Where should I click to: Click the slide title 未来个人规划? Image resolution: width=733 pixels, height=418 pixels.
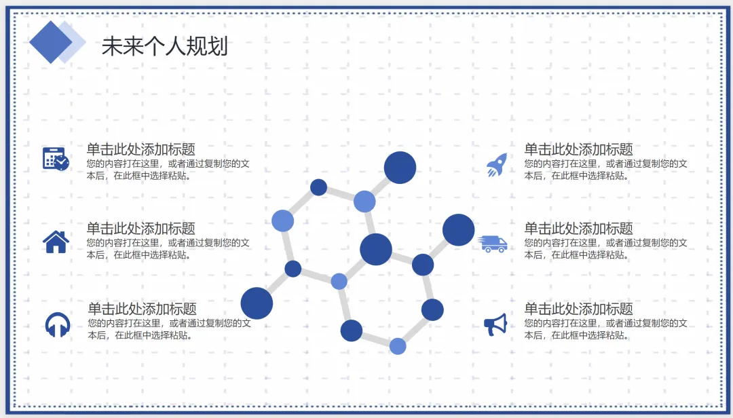(165, 46)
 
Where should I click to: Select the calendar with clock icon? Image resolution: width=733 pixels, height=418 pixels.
(56, 159)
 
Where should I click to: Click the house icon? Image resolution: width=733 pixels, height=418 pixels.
(56, 242)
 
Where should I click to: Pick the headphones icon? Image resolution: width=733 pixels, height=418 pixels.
(58, 324)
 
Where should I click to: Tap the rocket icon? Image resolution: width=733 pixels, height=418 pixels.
(497, 165)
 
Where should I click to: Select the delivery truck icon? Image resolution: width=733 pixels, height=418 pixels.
(493, 244)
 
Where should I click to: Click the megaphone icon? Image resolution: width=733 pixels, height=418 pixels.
(495, 324)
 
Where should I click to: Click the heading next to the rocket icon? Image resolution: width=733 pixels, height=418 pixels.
(578, 149)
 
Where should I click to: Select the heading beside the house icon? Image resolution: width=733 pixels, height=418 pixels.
(140, 228)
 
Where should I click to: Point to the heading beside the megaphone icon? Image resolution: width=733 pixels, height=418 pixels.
(578, 308)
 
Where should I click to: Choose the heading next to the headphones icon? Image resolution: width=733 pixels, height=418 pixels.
(142, 308)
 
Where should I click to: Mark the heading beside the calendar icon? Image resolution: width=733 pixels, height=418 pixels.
(140, 149)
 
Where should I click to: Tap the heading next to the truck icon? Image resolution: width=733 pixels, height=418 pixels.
(578, 228)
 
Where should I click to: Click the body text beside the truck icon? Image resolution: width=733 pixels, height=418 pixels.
(605, 249)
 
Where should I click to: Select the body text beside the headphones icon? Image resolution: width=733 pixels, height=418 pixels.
(169, 329)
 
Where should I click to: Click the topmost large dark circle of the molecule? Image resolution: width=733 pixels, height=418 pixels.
(400, 168)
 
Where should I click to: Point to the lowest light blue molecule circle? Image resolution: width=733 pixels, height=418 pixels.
(398, 346)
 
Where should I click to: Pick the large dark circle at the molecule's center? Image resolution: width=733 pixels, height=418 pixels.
(376, 249)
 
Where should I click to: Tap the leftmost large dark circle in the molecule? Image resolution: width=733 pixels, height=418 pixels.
(257, 303)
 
